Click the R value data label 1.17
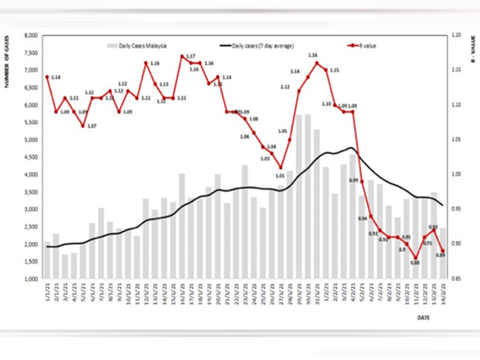(x=190, y=56)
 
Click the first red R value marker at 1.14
(x=47, y=77)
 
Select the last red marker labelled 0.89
(x=443, y=251)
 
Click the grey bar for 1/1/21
(x=47, y=260)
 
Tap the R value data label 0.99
(x=353, y=181)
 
